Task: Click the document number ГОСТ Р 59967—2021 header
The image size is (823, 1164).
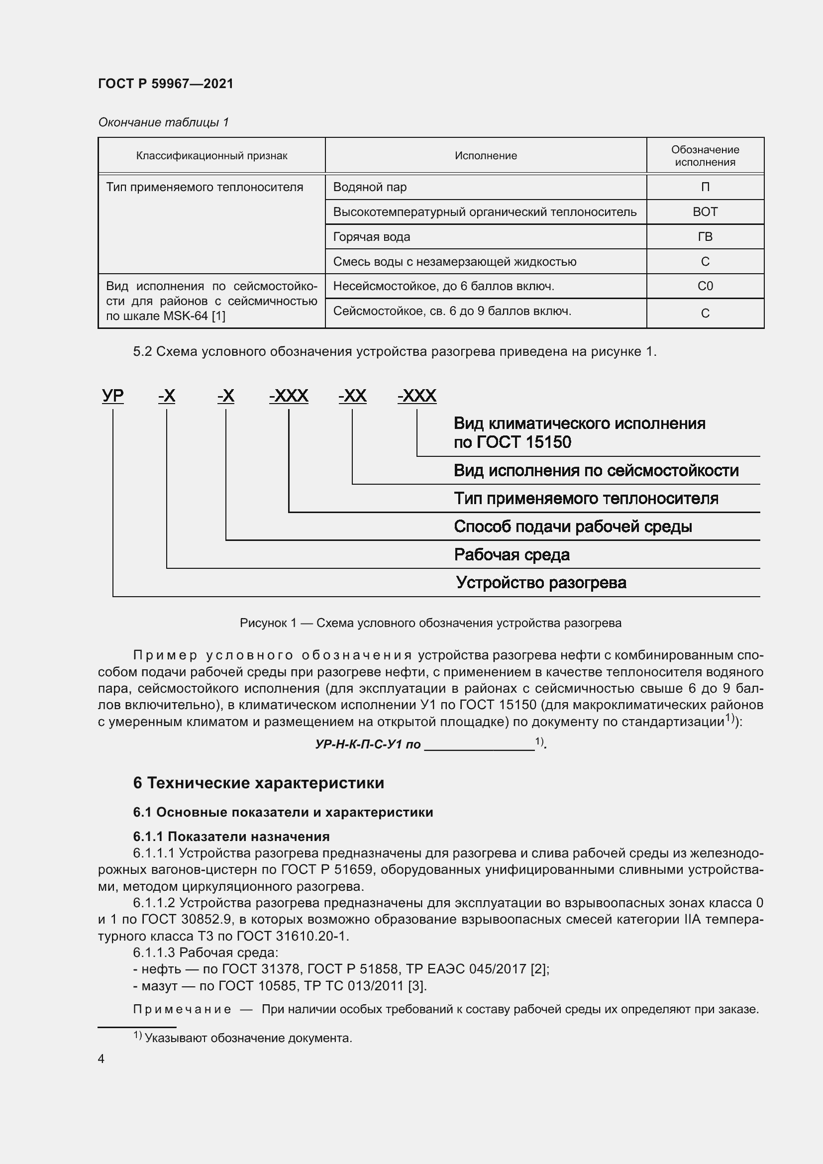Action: point(166,84)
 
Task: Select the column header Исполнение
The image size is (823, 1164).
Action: point(486,156)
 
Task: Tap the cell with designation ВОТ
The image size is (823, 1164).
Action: point(705,212)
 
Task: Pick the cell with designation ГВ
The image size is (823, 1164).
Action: point(705,237)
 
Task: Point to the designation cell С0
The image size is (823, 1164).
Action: point(705,287)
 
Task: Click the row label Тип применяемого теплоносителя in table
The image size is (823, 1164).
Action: point(205,187)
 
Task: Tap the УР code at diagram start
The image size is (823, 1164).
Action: point(112,396)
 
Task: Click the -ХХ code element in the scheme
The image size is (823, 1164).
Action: point(352,396)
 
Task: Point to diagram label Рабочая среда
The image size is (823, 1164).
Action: point(512,554)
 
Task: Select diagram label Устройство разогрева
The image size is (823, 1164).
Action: point(541,583)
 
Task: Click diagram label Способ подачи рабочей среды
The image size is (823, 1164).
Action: point(573,527)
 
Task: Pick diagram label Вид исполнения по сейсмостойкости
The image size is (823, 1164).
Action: point(596,470)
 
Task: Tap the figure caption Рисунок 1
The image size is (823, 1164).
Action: point(430,623)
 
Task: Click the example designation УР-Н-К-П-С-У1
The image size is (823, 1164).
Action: point(367,744)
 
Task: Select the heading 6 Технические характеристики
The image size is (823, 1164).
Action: point(258,783)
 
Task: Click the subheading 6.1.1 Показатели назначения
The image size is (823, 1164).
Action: point(231,837)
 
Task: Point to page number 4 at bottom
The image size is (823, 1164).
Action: point(102,1059)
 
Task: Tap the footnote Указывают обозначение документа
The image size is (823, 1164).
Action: point(248,1038)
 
